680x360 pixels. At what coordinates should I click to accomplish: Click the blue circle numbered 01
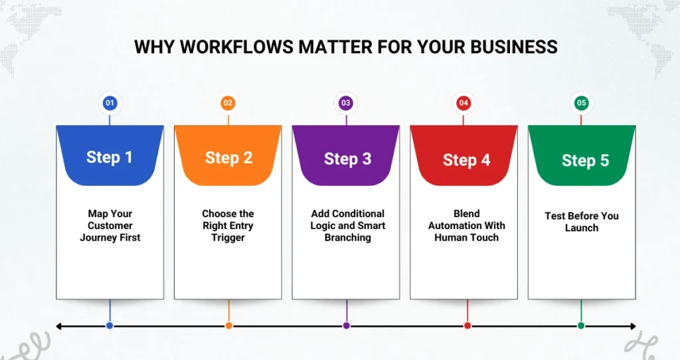(x=110, y=103)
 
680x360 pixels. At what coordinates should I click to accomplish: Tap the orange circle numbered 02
(x=228, y=103)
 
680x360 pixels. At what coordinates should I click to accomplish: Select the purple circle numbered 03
(x=345, y=103)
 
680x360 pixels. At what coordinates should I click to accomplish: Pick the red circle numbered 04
(x=464, y=103)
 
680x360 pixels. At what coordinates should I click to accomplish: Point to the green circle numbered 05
(x=582, y=103)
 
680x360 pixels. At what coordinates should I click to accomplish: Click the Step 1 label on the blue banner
(x=110, y=157)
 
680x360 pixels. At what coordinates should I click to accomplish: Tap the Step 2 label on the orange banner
(x=228, y=158)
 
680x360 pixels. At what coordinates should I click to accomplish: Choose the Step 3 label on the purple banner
(x=348, y=159)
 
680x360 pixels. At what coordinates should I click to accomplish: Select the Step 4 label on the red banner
(x=467, y=160)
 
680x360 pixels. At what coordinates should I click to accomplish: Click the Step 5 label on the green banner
(x=586, y=161)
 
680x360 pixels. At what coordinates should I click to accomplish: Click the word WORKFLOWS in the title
(x=237, y=47)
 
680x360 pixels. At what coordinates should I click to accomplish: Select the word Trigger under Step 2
(x=228, y=238)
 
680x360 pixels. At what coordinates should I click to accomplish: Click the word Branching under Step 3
(x=348, y=238)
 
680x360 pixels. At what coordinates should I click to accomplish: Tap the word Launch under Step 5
(x=582, y=228)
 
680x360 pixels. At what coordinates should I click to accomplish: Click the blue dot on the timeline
(x=110, y=325)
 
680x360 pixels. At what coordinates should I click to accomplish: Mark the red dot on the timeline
(x=467, y=325)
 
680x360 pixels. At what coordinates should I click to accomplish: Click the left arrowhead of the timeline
(x=59, y=326)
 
